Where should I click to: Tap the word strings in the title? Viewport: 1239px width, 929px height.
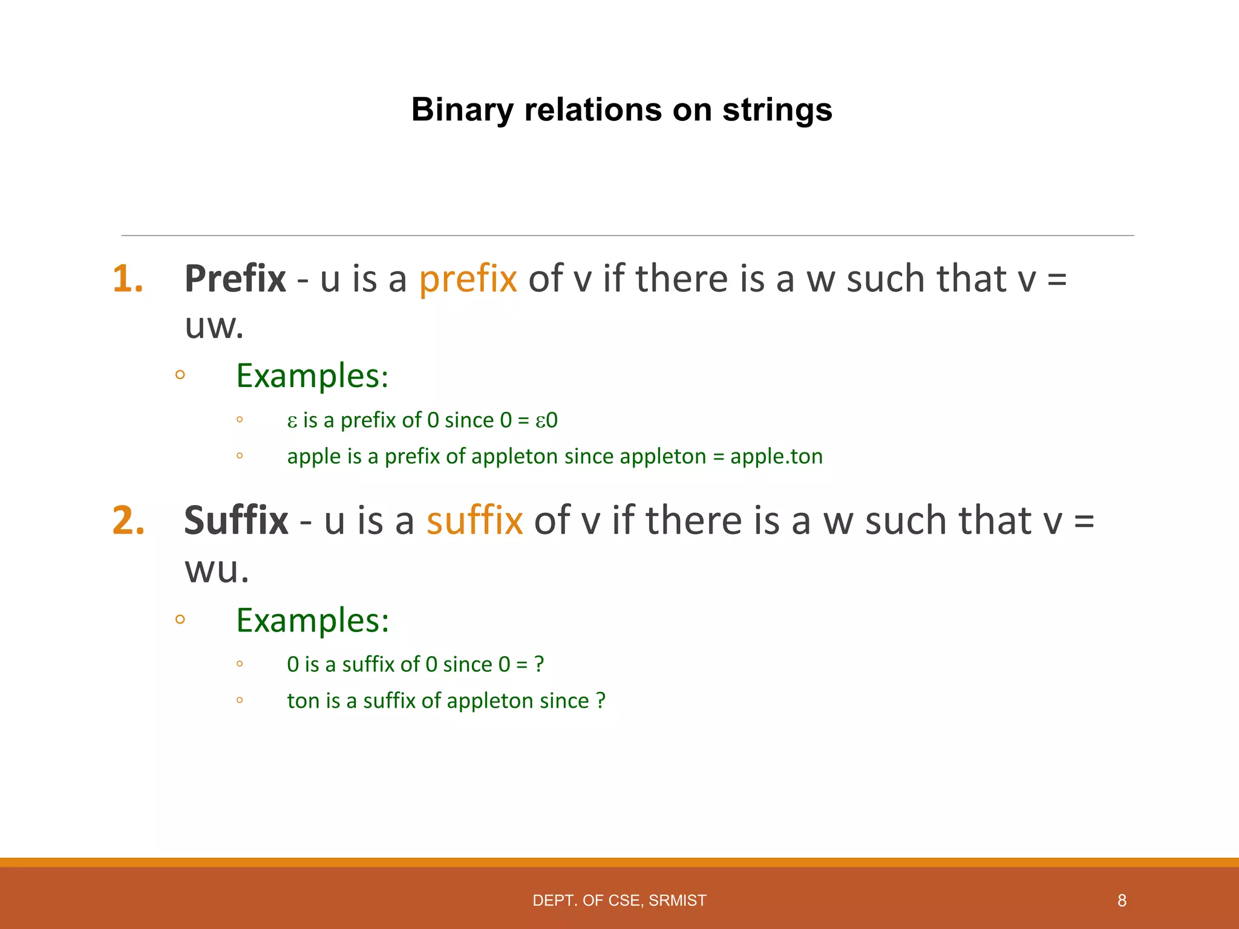click(777, 111)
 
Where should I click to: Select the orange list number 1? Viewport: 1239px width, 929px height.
click(128, 279)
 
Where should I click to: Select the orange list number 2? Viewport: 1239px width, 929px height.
click(128, 521)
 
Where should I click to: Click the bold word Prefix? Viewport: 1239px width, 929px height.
click(235, 279)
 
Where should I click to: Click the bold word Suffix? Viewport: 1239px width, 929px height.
click(236, 521)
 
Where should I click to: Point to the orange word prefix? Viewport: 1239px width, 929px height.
click(468, 279)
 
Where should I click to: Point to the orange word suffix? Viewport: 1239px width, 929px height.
click(474, 521)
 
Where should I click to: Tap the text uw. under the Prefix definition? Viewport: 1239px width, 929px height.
click(214, 327)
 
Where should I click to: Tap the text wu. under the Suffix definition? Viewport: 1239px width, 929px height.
click(217, 570)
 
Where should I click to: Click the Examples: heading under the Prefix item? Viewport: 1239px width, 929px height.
click(312, 376)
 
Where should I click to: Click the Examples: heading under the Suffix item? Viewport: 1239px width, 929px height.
click(312, 621)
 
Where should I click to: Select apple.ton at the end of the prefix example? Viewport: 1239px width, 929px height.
click(776, 457)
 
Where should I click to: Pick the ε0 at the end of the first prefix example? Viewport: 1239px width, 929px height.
click(546, 420)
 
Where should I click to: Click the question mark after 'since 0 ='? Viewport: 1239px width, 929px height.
click(539, 665)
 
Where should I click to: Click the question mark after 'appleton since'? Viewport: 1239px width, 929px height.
click(600, 701)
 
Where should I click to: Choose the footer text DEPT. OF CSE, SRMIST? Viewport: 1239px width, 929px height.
click(619, 901)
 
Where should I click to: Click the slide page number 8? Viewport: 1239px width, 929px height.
click(1122, 901)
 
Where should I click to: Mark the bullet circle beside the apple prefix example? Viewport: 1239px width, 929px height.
click(240, 455)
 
